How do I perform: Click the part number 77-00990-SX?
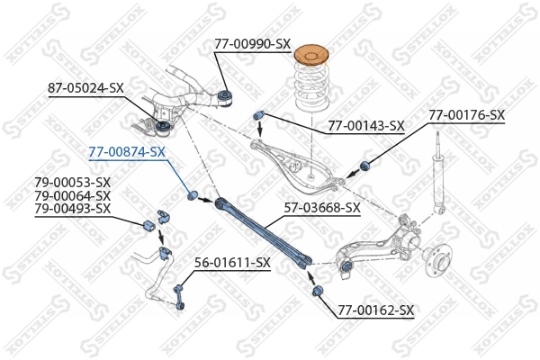[252, 43]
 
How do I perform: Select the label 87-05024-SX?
[85, 87]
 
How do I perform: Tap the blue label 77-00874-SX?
[126, 151]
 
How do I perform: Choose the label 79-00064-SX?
[72, 195]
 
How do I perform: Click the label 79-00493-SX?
[72, 208]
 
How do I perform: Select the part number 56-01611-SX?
[232, 262]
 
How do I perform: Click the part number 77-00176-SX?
[466, 115]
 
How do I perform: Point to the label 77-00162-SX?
[375, 310]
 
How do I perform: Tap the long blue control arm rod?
[261, 230]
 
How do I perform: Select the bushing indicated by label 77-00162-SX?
[319, 292]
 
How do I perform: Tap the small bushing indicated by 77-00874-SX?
[192, 195]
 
